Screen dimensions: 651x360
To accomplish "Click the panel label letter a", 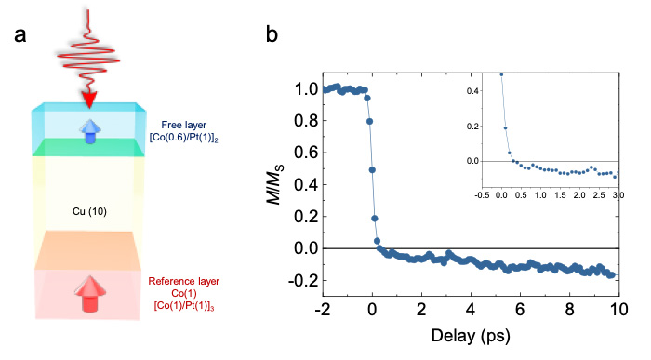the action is pyautogui.click(x=20, y=34).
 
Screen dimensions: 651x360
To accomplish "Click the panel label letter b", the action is pyautogui.click(x=272, y=33).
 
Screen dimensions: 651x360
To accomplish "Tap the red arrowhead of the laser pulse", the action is pyautogui.click(x=89, y=100).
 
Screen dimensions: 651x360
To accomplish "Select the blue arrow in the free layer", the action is pyautogui.click(x=90, y=131).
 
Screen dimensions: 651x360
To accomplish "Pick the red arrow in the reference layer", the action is pyautogui.click(x=89, y=294).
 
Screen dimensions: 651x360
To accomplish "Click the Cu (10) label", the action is pyautogui.click(x=89, y=212).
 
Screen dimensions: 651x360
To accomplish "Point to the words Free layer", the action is pyautogui.click(x=184, y=125).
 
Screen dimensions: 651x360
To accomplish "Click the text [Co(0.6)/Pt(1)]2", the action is pyautogui.click(x=184, y=138).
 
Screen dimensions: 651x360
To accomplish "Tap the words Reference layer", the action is pyautogui.click(x=184, y=281).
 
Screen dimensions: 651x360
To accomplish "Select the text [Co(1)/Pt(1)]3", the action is pyautogui.click(x=184, y=306).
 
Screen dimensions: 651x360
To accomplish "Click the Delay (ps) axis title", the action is pyautogui.click(x=471, y=336).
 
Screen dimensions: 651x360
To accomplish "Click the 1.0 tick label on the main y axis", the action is pyautogui.click(x=306, y=89).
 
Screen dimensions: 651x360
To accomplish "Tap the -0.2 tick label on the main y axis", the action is pyautogui.click(x=302, y=281).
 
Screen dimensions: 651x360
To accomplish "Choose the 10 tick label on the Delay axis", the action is pyautogui.click(x=618, y=310).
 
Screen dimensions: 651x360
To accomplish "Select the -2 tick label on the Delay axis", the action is pyautogui.click(x=323, y=310).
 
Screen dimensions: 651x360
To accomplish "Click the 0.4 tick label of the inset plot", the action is pyautogui.click(x=472, y=90).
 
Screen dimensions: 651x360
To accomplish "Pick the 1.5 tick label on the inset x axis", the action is pyautogui.click(x=560, y=194).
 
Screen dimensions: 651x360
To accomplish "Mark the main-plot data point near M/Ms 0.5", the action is pyautogui.click(x=372, y=170).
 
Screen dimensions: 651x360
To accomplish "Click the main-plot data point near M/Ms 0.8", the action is pyautogui.click(x=369, y=121).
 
